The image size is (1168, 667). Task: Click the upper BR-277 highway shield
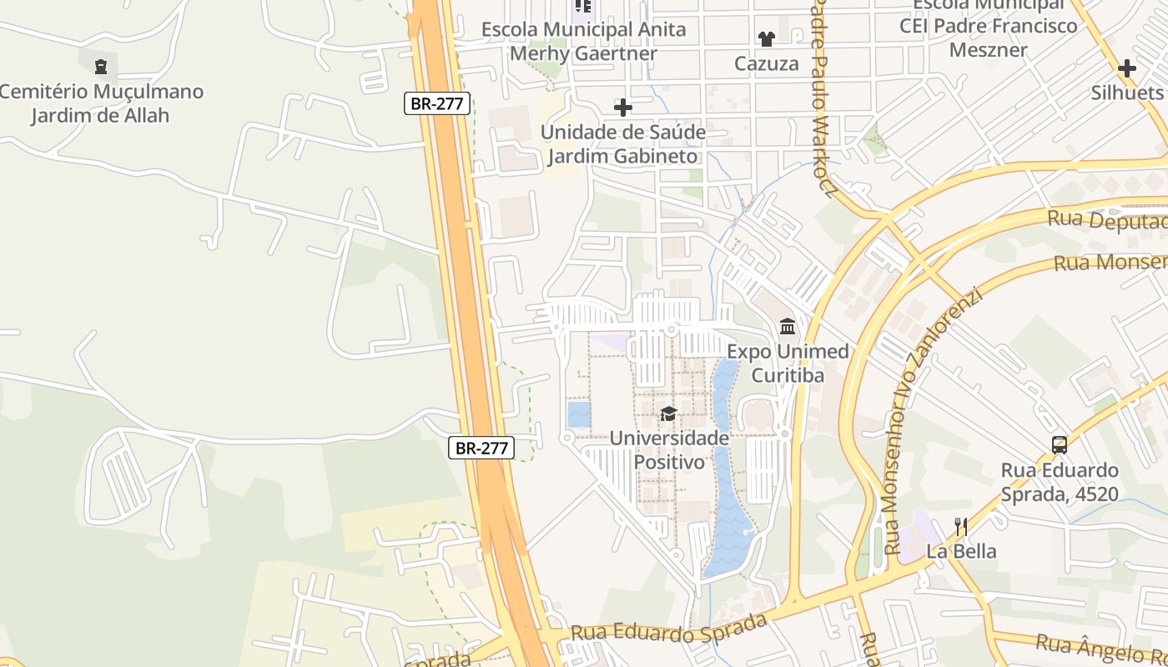(438, 103)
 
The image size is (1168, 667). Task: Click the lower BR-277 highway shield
(481, 448)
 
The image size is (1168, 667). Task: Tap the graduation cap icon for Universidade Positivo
(668, 414)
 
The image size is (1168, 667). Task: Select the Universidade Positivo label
(669, 449)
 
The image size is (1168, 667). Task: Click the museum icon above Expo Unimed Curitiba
(787, 326)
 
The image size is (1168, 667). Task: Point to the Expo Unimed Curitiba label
(788, 364)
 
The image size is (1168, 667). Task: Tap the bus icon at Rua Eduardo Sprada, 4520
(1060, 444)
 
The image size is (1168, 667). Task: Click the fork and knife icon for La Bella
(961, 526)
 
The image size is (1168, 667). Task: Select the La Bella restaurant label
(961, 551)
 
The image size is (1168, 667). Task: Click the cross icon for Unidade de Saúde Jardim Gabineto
(622, 108)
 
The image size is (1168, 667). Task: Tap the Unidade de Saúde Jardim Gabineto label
(622, 144)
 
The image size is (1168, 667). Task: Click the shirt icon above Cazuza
(766, 38)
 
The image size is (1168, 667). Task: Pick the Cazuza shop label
(766, 63)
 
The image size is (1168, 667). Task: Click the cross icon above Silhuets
(1127, 68)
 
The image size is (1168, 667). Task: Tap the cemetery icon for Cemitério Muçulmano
(101, 67)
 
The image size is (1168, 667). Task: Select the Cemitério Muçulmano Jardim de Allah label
(101, 103)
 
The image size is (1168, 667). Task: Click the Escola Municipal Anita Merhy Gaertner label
(583, 42)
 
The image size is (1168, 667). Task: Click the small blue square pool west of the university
(578, 414)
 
